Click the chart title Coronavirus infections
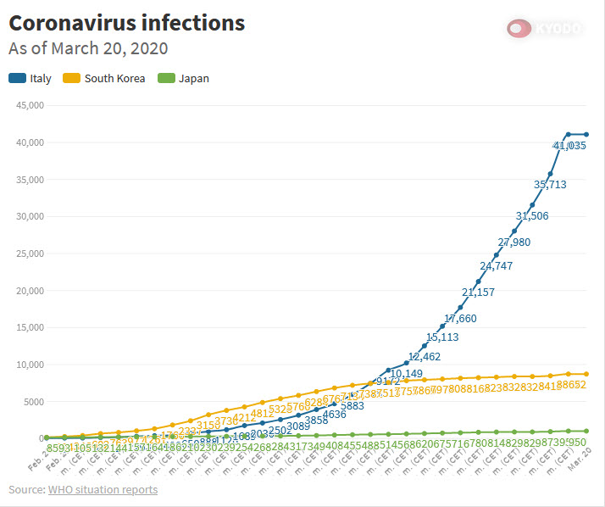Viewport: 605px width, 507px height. [x=126, y=23]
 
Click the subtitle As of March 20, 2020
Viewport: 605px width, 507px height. [x=88, y=49]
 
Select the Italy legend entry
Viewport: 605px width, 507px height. [x=31, y=79]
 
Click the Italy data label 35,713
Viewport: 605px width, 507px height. [x=550, y=184]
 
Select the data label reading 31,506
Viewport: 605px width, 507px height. [x=531, y=215]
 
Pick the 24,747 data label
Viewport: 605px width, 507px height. [x=496, y=266]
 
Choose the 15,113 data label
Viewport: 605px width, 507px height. [x=442, y=337]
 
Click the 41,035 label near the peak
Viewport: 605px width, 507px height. [x=569, y=146]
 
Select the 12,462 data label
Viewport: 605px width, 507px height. [x=425, y=357]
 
